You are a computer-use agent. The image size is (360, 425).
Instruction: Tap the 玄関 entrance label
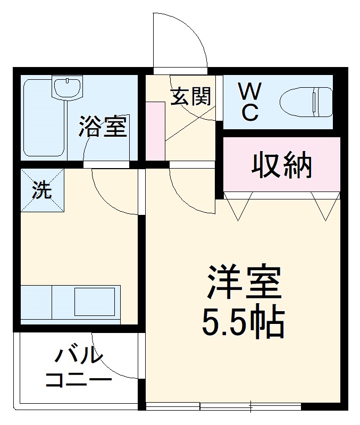pos(191,96)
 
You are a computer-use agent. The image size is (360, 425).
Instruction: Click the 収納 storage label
pos(281,165)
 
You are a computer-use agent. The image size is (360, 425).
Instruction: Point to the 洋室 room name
pos(244,283)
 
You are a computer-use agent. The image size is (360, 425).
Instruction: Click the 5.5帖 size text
pos(243,321)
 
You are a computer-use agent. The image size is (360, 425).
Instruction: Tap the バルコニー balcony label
pos(79,367)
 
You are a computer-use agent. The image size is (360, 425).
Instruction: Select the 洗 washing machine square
pos(42,190)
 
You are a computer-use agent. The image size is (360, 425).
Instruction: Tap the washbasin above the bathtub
pos(67,86)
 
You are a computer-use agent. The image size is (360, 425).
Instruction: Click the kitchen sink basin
pos(94,302)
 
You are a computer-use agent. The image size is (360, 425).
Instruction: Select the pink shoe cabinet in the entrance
pos(155,130)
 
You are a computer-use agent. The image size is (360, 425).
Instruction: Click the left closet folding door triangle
pos(238,204)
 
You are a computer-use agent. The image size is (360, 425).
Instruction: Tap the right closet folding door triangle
pos(324,204)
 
